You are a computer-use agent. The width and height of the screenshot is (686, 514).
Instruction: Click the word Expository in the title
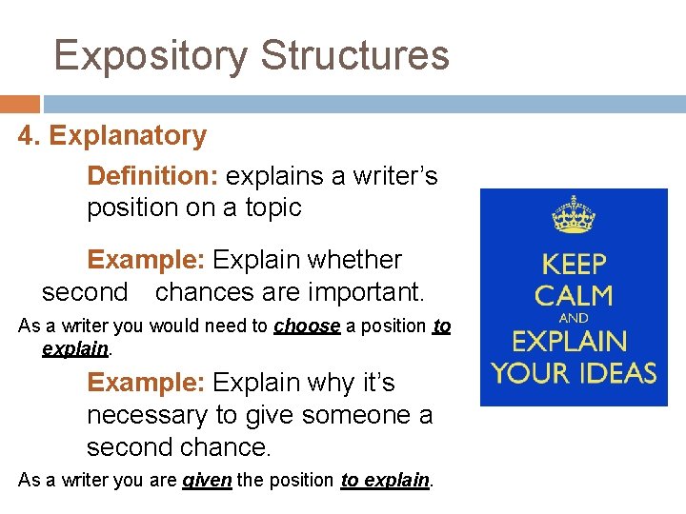click(x=151, y=55)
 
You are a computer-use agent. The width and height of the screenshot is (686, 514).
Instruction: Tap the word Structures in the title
click(x=354, y=55)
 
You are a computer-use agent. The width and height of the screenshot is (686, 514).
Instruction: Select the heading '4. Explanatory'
click(x=112, y=136)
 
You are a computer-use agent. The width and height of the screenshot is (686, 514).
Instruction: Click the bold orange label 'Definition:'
click(x=153, y=176)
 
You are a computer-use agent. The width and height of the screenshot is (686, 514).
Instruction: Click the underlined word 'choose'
click(x=307, y=326)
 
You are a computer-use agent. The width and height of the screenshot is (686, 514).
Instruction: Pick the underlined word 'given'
click(x=207, y=481)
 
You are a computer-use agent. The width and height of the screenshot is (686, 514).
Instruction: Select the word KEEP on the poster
click(x=574, y=263)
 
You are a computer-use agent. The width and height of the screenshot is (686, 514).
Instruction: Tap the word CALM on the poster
click(x=574, y=294)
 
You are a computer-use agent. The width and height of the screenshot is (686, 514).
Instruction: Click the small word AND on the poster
click(x=574, y=318)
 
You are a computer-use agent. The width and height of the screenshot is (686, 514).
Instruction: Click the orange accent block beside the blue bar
click(x=19, y=104)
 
